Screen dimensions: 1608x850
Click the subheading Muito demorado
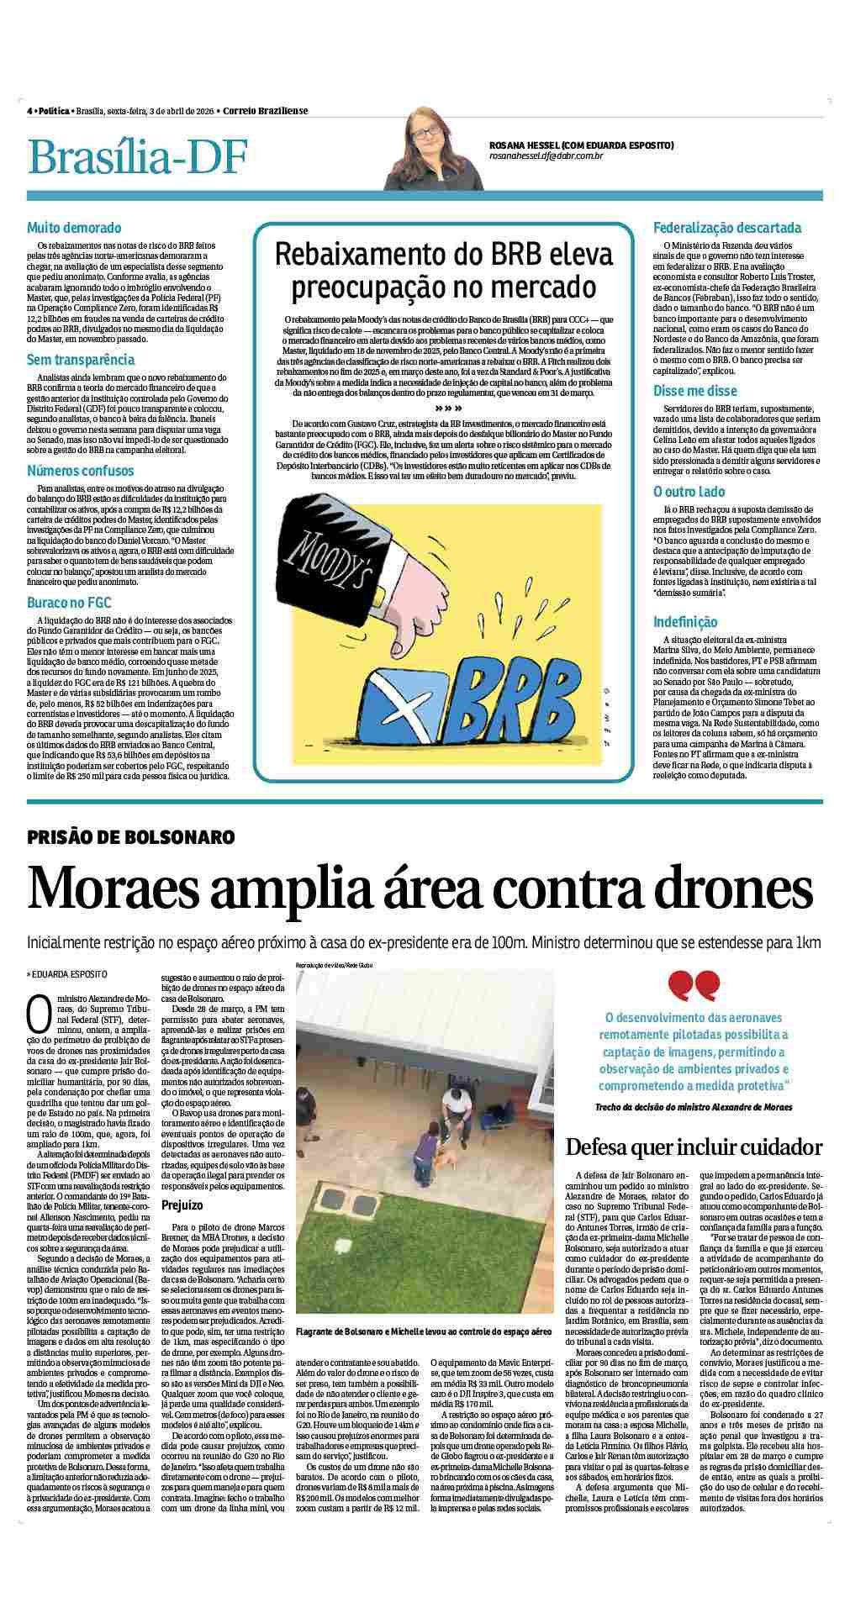coord(74,228)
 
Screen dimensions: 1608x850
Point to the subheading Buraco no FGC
coord(69,603)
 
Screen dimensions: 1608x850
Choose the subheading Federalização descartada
coord(727,228)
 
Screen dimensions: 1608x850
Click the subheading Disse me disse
coord(695,391)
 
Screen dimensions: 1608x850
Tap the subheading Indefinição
coord(685,622)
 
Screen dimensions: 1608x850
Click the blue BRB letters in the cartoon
coord(504,694)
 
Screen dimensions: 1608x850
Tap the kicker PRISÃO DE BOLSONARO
coord(130,837)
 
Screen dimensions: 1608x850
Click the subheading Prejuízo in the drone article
coord(183,1205)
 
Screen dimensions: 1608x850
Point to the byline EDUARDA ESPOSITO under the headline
coord(70,974)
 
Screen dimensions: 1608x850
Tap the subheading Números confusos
coord(80,471)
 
